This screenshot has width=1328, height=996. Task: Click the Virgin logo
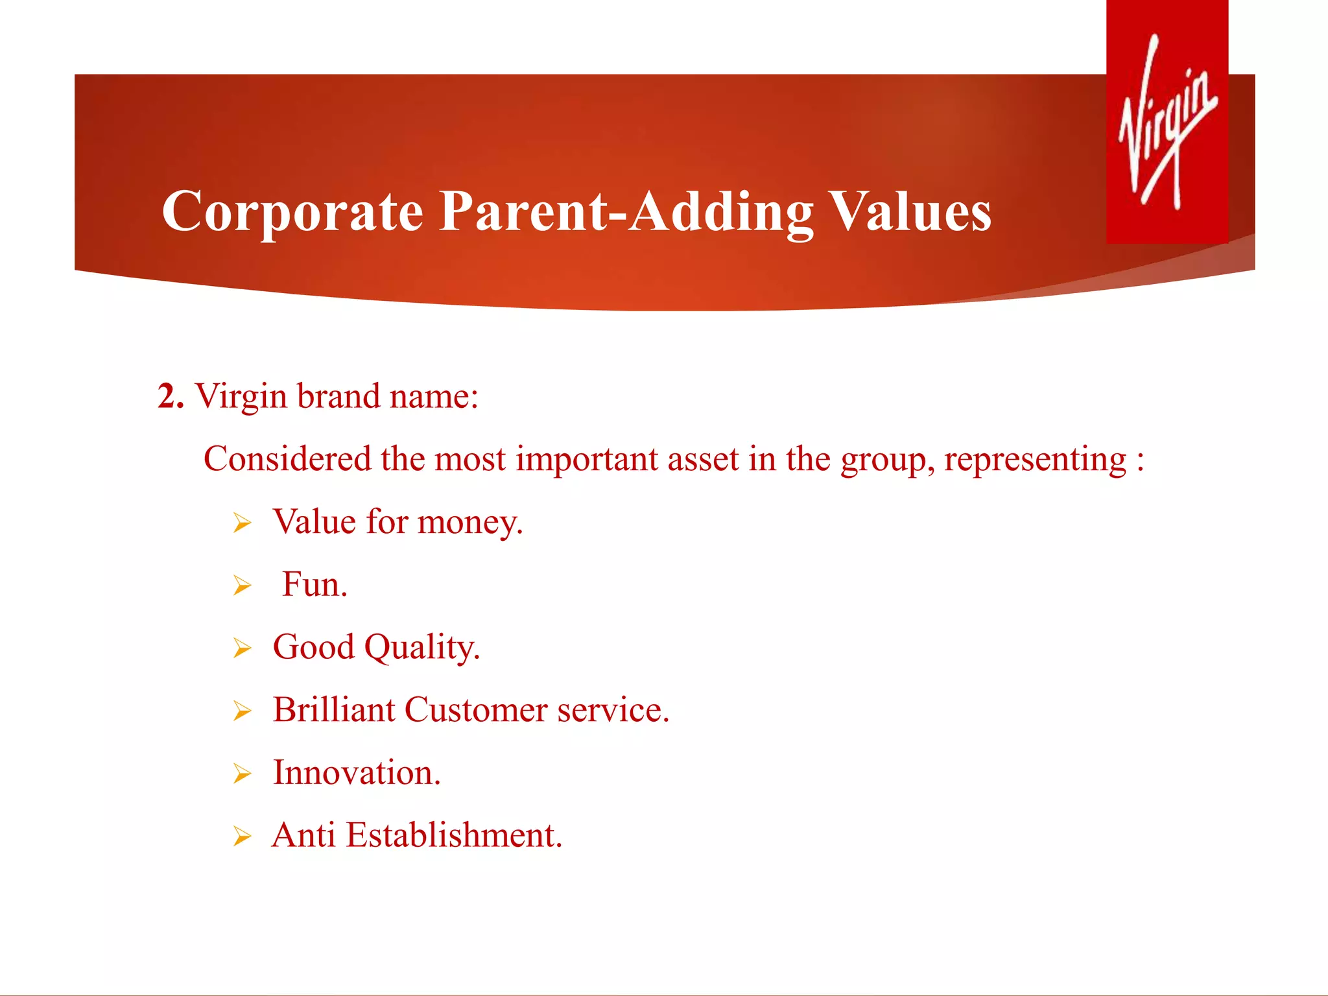coord(1167,122)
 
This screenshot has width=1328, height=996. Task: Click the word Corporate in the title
coord(292,212)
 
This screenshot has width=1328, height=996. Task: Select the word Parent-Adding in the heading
coord(626,212)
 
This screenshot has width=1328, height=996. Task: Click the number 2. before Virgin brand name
coord(171,396)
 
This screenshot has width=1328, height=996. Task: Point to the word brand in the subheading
coord(338,396)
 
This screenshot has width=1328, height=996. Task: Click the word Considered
coord(287,459)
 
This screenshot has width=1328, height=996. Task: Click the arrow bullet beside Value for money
coord(242,523)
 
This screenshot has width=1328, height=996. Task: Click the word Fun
coord(314,585)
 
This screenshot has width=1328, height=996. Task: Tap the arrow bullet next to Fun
coord(242,586)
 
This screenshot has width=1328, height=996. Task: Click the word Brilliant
coord(333,710)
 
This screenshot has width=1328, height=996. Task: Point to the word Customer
coord(476,710)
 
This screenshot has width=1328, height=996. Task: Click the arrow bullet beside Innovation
coord(242,774)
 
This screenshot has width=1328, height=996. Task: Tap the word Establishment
coord(453,835)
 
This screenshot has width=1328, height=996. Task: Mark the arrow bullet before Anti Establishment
coord(242,836)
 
